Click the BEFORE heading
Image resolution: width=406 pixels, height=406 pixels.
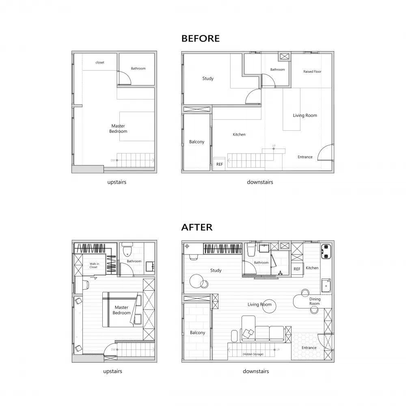[x=200, y=39]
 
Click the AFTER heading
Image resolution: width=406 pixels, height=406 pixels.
[x=197, y=227]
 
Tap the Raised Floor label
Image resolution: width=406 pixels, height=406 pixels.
[x=312, y=72]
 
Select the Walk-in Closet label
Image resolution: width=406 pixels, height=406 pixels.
[x=94, y=266]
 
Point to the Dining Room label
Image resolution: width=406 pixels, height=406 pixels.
[x=315, y=301]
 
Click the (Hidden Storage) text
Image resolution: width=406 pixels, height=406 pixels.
[x=253, y=354]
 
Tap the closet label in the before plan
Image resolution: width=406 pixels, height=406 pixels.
[x=100, y=63]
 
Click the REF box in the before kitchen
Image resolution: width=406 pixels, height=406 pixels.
[x=219, y=164]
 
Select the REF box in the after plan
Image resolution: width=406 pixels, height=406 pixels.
[x=297, y=269]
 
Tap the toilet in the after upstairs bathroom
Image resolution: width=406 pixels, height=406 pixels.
[x=127, y=250]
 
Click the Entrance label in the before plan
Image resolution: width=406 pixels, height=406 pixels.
[x=305, y=157]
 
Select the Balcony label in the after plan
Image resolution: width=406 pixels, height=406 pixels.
[x=197, y=333]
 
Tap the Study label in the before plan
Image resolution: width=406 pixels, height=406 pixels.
[x=208, y=79]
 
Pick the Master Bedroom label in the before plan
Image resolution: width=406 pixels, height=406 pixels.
[x=118, y=129]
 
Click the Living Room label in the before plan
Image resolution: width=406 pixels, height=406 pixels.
[x=305, y=116]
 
